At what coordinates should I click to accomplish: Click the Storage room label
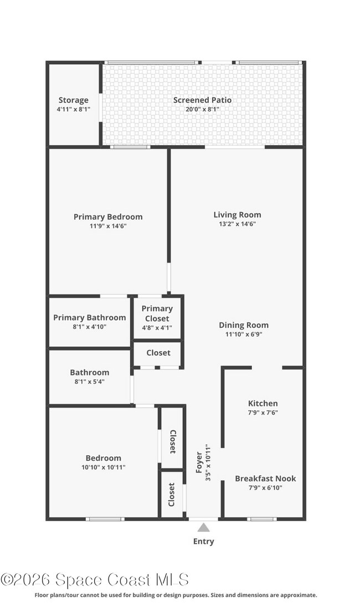tap(73, 100)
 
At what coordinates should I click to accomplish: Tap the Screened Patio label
tap(202, 100)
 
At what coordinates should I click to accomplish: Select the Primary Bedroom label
tap(108, 217)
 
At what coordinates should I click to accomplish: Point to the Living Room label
tap(237, 215)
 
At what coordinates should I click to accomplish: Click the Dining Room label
tap(243, 325)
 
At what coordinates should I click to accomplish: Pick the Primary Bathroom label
tap(89, 317)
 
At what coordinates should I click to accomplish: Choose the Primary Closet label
tap(157, 313)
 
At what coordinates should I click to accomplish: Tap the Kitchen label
tap(263, 403)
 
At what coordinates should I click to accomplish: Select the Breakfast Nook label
tap(265, 479)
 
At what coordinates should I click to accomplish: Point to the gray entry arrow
tap(204, 527)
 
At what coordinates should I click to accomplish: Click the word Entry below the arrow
tap(203, 542)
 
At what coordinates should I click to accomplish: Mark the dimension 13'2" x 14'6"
tap(237, 224)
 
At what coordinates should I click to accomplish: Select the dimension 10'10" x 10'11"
tap(103, 467)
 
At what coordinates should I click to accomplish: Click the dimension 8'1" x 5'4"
tap(89, 382)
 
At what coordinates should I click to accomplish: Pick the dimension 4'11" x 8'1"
tap(73, 110)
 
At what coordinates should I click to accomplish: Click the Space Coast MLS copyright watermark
tap(95, 580)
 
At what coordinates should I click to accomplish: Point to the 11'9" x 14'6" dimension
tap(108, 226)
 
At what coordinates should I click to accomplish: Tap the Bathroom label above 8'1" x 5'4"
tap(89, 372)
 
